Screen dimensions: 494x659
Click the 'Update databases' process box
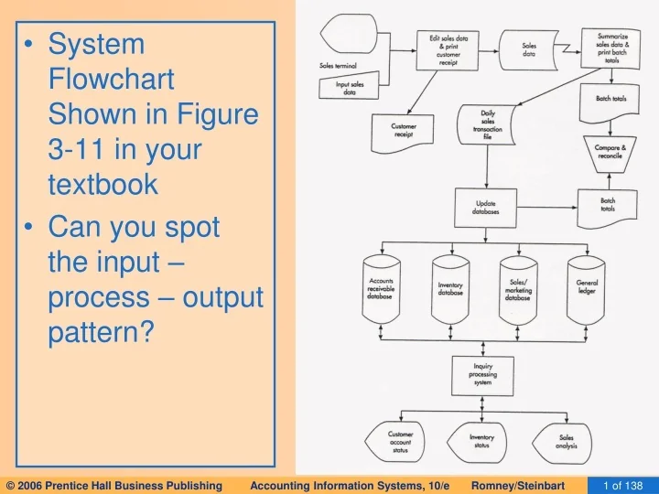coord(486,208)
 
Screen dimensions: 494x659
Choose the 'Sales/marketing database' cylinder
coord(517,289)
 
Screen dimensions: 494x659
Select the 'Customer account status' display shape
coord(400,440)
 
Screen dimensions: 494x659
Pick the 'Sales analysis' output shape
coord(566,440)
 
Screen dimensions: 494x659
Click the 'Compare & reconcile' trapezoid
coord(610,151)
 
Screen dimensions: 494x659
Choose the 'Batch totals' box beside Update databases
coord(607,205)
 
